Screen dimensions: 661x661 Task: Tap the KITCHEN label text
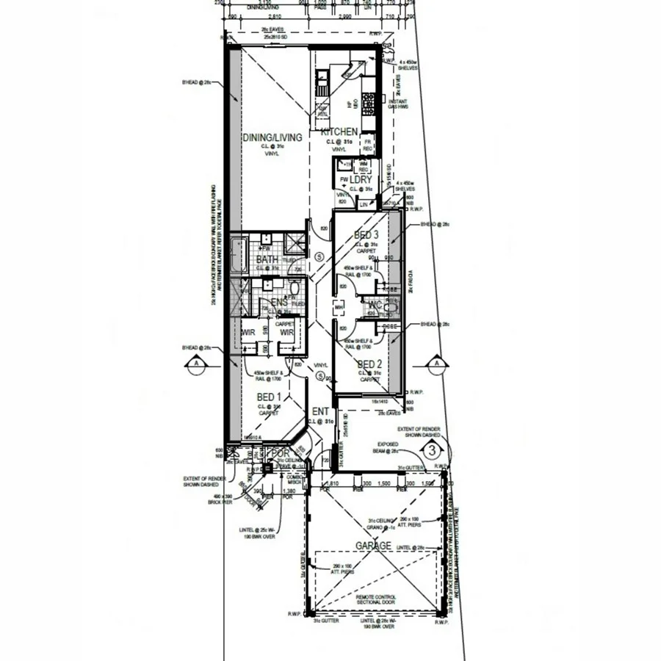pos(339,132)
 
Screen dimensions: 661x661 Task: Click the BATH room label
pos(267,259)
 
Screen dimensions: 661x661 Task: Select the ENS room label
pos(279,302)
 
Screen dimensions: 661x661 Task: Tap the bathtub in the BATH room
pos(238,257)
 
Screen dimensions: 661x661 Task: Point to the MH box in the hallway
pos(339,308)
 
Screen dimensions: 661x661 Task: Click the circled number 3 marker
pos(433,449)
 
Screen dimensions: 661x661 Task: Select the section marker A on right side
pos(436,363)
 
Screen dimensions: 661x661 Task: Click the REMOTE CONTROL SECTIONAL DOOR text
pos(376,599)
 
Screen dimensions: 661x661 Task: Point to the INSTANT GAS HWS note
pos(413,104)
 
